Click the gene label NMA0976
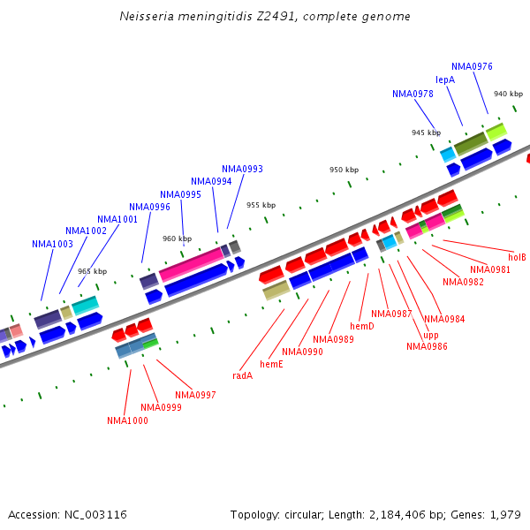click(472, 66)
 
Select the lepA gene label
click(445, 79)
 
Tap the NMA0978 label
click(413, 94)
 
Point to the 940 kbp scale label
click(508, 94)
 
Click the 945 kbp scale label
click(426, 132)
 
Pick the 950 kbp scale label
click(344, 170)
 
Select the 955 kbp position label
click(261, 205)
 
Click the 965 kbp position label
click(92, 272)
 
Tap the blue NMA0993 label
click(242, 169)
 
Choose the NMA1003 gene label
click(52, 244)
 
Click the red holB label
click(517, 257)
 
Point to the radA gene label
click(242, 375)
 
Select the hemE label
click(271, 364)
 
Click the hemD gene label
click(362, 327)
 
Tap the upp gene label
click(430, 335)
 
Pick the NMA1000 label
click(127, 420)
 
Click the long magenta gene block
click(191, 264)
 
